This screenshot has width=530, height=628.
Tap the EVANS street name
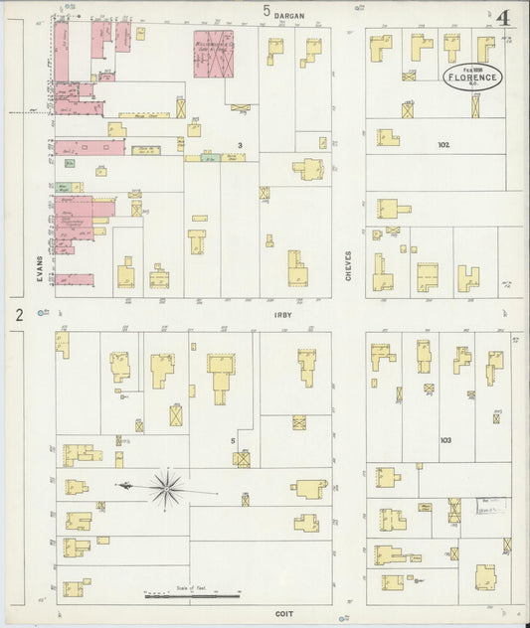[40, 269]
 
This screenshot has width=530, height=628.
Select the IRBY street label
[281, 314]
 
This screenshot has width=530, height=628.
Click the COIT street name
[283, 614]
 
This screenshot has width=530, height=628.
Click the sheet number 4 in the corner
[505, 18]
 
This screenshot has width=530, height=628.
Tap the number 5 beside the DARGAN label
[266, 11]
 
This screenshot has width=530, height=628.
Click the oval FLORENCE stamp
[473, 77]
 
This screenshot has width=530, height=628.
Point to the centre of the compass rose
[166, 487]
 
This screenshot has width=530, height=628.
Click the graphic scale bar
[191, 596]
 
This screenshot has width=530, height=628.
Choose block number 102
[443, 145]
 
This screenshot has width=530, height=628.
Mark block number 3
[240, 145]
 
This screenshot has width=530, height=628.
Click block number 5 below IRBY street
[233, 439]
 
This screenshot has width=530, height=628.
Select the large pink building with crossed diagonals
[214, 52]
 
